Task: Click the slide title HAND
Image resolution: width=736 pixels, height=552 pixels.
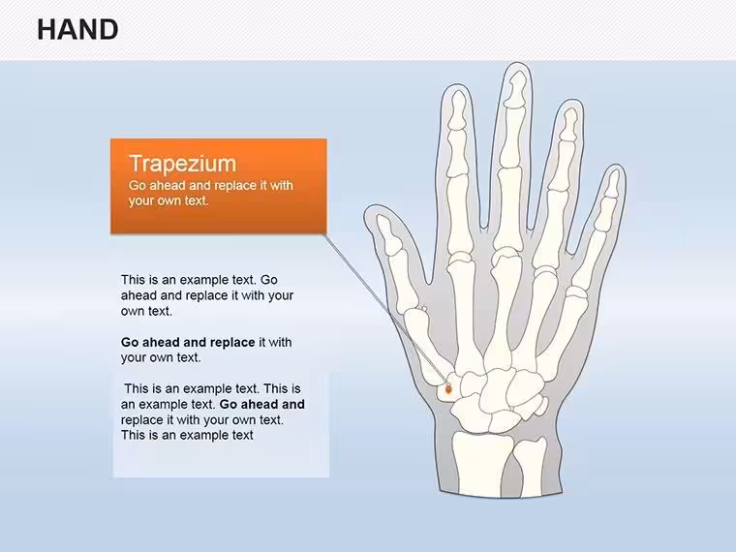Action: [77, 30]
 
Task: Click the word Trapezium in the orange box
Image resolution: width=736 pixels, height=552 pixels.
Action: [183, 164]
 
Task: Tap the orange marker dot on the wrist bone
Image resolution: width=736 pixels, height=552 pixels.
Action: [448, 388]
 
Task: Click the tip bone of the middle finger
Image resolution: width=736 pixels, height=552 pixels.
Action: [516, 88]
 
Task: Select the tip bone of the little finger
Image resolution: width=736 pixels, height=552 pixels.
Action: [613, 184]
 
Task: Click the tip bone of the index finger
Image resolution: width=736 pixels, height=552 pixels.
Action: [458, 109]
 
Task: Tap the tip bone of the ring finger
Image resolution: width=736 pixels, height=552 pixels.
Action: [569, 124]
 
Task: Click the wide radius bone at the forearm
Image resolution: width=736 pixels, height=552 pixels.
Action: [481, 464]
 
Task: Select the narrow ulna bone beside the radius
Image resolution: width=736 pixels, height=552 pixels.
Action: [531, 467]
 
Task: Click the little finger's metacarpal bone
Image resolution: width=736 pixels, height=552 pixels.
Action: [564, 334]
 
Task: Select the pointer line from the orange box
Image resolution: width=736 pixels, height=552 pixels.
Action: [384, 311]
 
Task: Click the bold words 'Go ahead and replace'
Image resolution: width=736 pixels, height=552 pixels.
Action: [188, 342]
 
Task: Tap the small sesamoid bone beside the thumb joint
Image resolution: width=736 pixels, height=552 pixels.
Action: [424, 309]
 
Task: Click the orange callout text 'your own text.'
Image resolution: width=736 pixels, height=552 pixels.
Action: [169, 200]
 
